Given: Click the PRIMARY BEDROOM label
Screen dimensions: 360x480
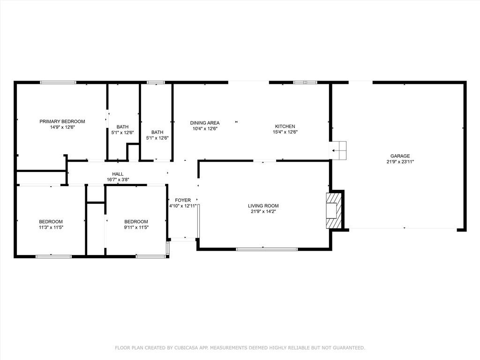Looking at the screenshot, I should [62, 121].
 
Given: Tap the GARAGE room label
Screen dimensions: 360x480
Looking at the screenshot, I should [400, 156].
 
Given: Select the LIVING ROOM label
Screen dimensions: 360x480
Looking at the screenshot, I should [263, 206].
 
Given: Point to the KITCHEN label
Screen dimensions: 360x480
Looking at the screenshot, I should [285, 127].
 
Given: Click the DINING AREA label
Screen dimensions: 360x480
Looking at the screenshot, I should [204, 123].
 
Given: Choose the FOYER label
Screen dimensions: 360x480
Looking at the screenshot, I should [183, 200].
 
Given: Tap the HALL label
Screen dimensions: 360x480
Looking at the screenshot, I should [118, 174].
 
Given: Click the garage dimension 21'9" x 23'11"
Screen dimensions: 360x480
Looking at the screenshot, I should [400, 162].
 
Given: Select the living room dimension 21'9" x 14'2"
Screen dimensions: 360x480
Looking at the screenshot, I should [263, 211].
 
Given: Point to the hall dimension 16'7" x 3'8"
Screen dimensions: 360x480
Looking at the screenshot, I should [118, 179].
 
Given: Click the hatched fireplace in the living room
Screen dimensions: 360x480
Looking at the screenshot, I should [334, 210].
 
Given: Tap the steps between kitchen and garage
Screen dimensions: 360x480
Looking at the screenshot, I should [338, 150].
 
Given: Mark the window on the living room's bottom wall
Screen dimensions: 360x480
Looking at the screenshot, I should [267, 249].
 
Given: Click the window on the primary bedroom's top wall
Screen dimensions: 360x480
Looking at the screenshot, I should [58, 82].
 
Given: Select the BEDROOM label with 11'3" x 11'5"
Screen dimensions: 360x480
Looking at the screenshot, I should [51, 222].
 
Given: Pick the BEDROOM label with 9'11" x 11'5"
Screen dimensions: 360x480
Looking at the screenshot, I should [136, 222].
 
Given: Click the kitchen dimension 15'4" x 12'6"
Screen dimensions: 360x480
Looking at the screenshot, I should [285, 132].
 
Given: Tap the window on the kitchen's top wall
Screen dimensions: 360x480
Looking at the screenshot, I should [305, 82].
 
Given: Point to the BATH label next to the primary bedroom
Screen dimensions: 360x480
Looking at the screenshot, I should [122, 127].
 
